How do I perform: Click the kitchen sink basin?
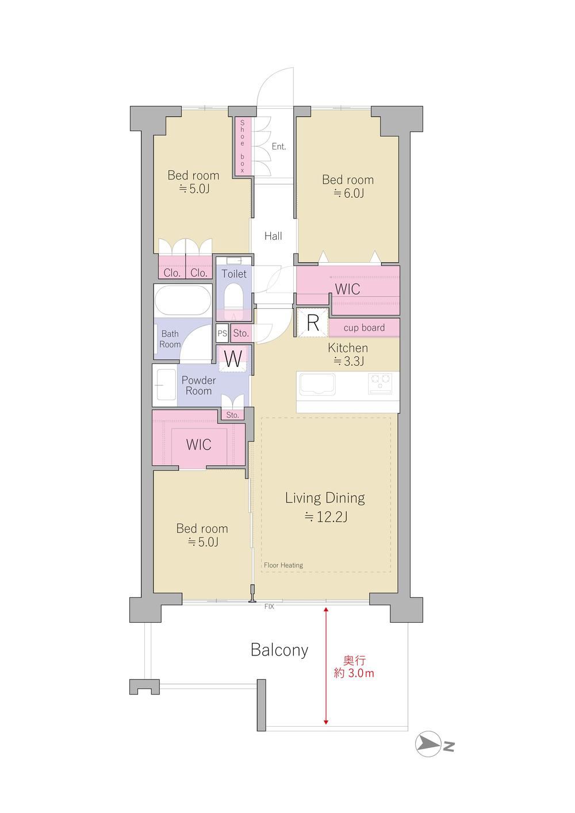(317, 384)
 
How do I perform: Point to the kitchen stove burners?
(380, 384)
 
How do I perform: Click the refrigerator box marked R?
(313, 323)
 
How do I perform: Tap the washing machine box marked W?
(233, 359)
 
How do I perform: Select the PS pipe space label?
(222, 333)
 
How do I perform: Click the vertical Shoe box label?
(242, 146)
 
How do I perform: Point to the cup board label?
(364, 328)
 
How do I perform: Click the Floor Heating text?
(283, 565)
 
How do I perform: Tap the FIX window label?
(269, 606)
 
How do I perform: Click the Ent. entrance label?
(279, 146)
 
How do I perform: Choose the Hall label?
(273, 236)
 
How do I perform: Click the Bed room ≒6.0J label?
(348, 186)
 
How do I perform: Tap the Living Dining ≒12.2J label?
(325, 507)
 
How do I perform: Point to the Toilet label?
(234, 274)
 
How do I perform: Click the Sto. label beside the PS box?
(241, 333)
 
